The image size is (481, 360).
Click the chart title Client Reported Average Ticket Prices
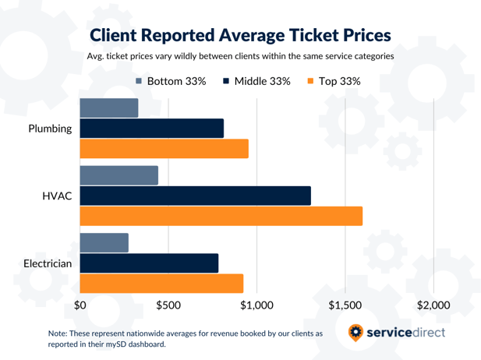(x=240, y=35)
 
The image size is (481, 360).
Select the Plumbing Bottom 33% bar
(x=109, y=108)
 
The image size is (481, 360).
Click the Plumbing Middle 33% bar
(x=152, y=129)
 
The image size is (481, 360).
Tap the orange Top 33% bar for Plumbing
(x=164, y=148)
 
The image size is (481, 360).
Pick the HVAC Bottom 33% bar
(x=119, y=175)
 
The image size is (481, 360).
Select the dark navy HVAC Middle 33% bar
(x=196, y=196)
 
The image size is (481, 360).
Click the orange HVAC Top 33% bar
(x=221, y=216)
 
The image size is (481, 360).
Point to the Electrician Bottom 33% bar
(x=104, y=243)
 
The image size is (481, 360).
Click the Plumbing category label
(x=50, y=129)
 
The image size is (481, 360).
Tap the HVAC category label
(x=57, y=196)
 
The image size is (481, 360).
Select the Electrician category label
(x=48, y=263)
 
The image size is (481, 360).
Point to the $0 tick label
(x=80, y=305)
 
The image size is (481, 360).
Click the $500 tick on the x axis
(x=168, y=305)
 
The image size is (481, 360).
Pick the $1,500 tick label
(x=345, y=305)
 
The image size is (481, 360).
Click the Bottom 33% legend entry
(x=170, y=81)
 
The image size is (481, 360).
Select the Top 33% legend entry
(x=334, y=81)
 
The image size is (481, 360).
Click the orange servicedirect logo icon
(x=355, y=333)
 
